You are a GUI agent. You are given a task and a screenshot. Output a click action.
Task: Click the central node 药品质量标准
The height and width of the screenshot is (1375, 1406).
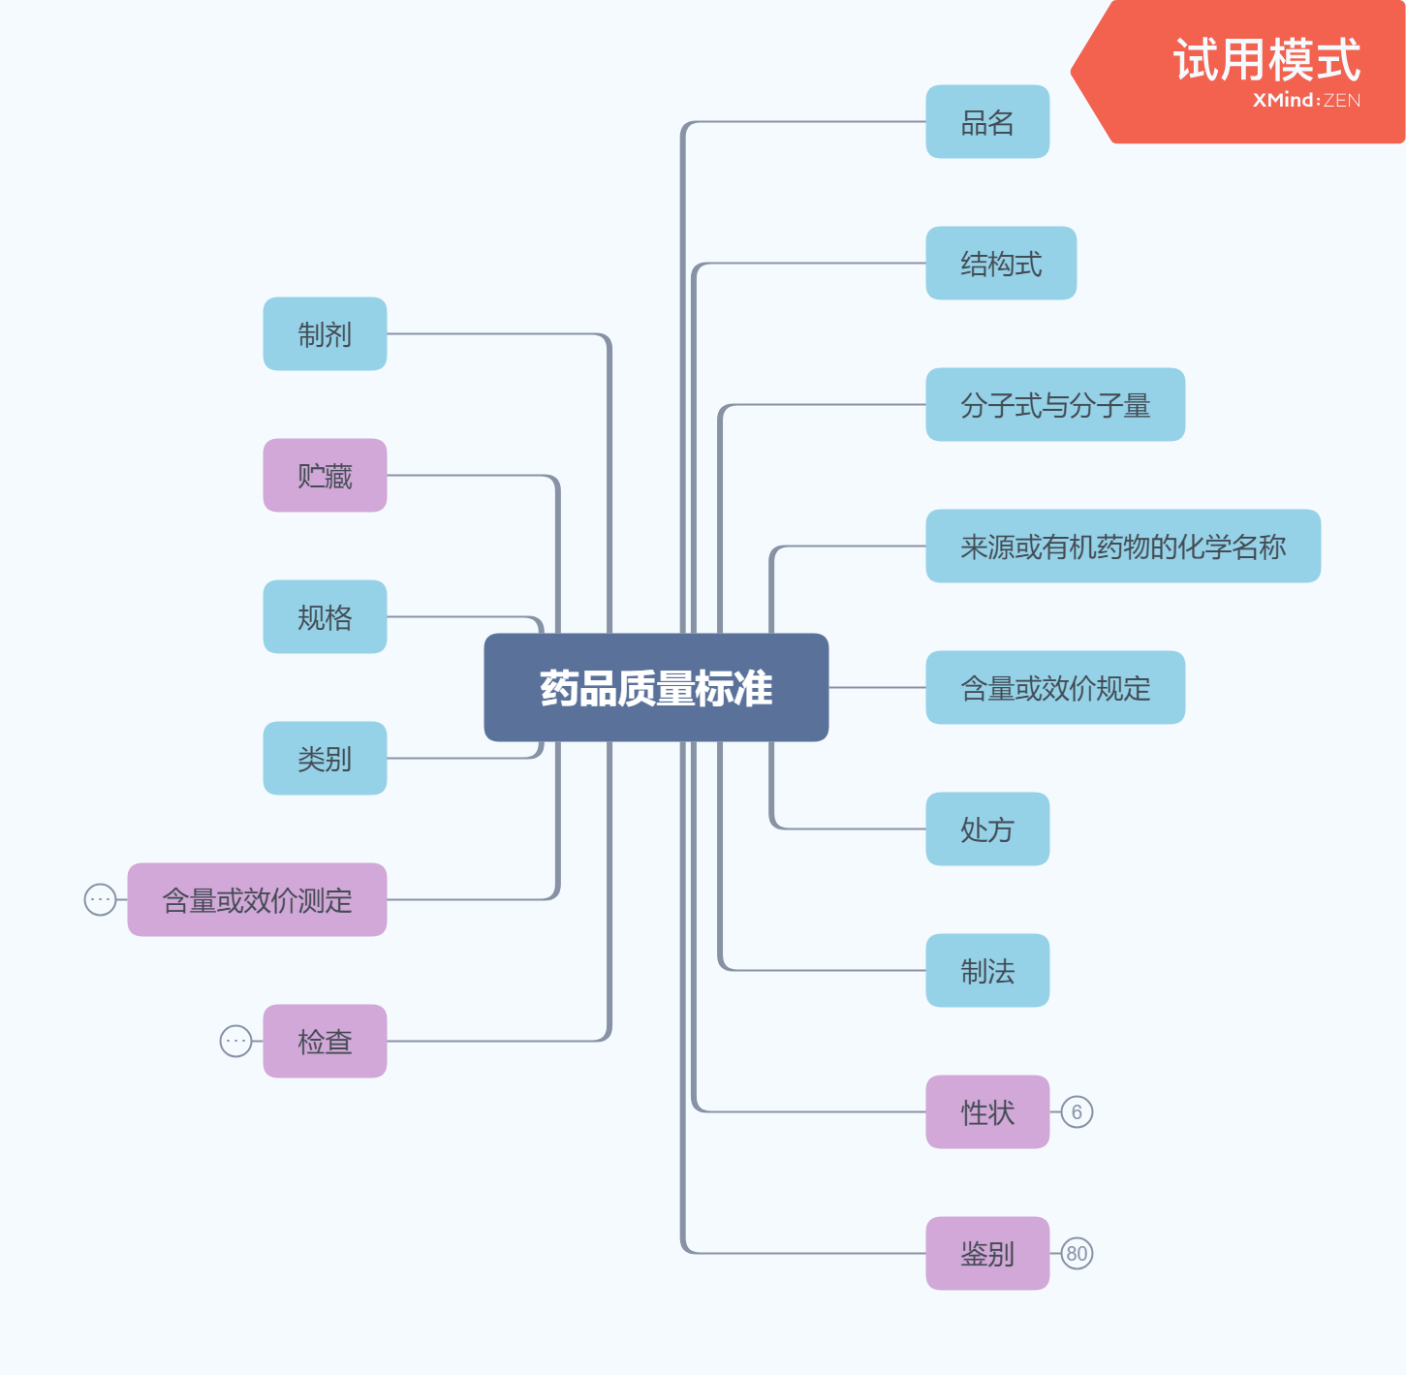(x=656, y=688)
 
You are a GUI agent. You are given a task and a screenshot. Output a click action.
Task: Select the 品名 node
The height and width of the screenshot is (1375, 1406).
(x=987, y=122)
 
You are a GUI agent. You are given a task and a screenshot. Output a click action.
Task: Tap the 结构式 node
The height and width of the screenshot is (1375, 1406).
(x=1001, y=264)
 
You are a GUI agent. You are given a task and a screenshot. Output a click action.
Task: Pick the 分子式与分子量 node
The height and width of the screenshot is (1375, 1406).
(x=1055, y=405)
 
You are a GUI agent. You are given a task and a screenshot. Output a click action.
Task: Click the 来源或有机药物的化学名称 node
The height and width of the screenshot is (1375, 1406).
(x=1123, y=547)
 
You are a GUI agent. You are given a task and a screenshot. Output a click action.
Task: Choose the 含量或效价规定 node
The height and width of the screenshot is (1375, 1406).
(x=1055, y=688)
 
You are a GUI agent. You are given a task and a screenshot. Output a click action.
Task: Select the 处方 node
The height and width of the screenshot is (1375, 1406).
(x=987, y=829)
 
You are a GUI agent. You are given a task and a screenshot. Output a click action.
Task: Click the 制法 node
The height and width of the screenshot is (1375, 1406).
(x=987, y=971)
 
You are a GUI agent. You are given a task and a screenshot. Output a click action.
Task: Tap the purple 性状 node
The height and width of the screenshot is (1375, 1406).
(x=987, y=1112)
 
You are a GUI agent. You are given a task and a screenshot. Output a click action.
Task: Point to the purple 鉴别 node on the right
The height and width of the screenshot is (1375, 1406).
(x=987, y=1254)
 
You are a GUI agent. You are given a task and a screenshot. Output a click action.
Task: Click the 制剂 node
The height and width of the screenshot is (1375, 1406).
(x=325, y=334)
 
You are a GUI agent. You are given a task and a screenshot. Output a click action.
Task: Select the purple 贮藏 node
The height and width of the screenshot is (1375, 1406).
(x=325, y=476)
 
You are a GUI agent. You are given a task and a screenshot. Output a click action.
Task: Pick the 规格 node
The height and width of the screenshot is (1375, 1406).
(x=325, y=617)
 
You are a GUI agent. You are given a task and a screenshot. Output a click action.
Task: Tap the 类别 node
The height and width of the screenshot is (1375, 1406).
(x=325, y=759)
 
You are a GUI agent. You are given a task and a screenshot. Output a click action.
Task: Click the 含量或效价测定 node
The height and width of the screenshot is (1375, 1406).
(x=257, y=900)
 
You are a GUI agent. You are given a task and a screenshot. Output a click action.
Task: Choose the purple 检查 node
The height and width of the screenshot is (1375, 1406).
(x=325, y=1042)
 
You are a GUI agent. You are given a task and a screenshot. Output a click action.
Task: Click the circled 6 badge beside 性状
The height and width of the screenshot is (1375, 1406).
(x=1077, y=1112)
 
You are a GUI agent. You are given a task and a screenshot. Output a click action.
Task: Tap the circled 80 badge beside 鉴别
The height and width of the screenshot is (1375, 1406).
(x=1077, y=1254)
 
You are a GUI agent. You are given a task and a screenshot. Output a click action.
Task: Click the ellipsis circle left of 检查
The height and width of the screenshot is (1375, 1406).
(x=235, y=1042)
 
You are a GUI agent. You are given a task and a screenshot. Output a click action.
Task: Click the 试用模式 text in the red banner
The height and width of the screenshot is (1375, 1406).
(x=1266, y=60)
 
